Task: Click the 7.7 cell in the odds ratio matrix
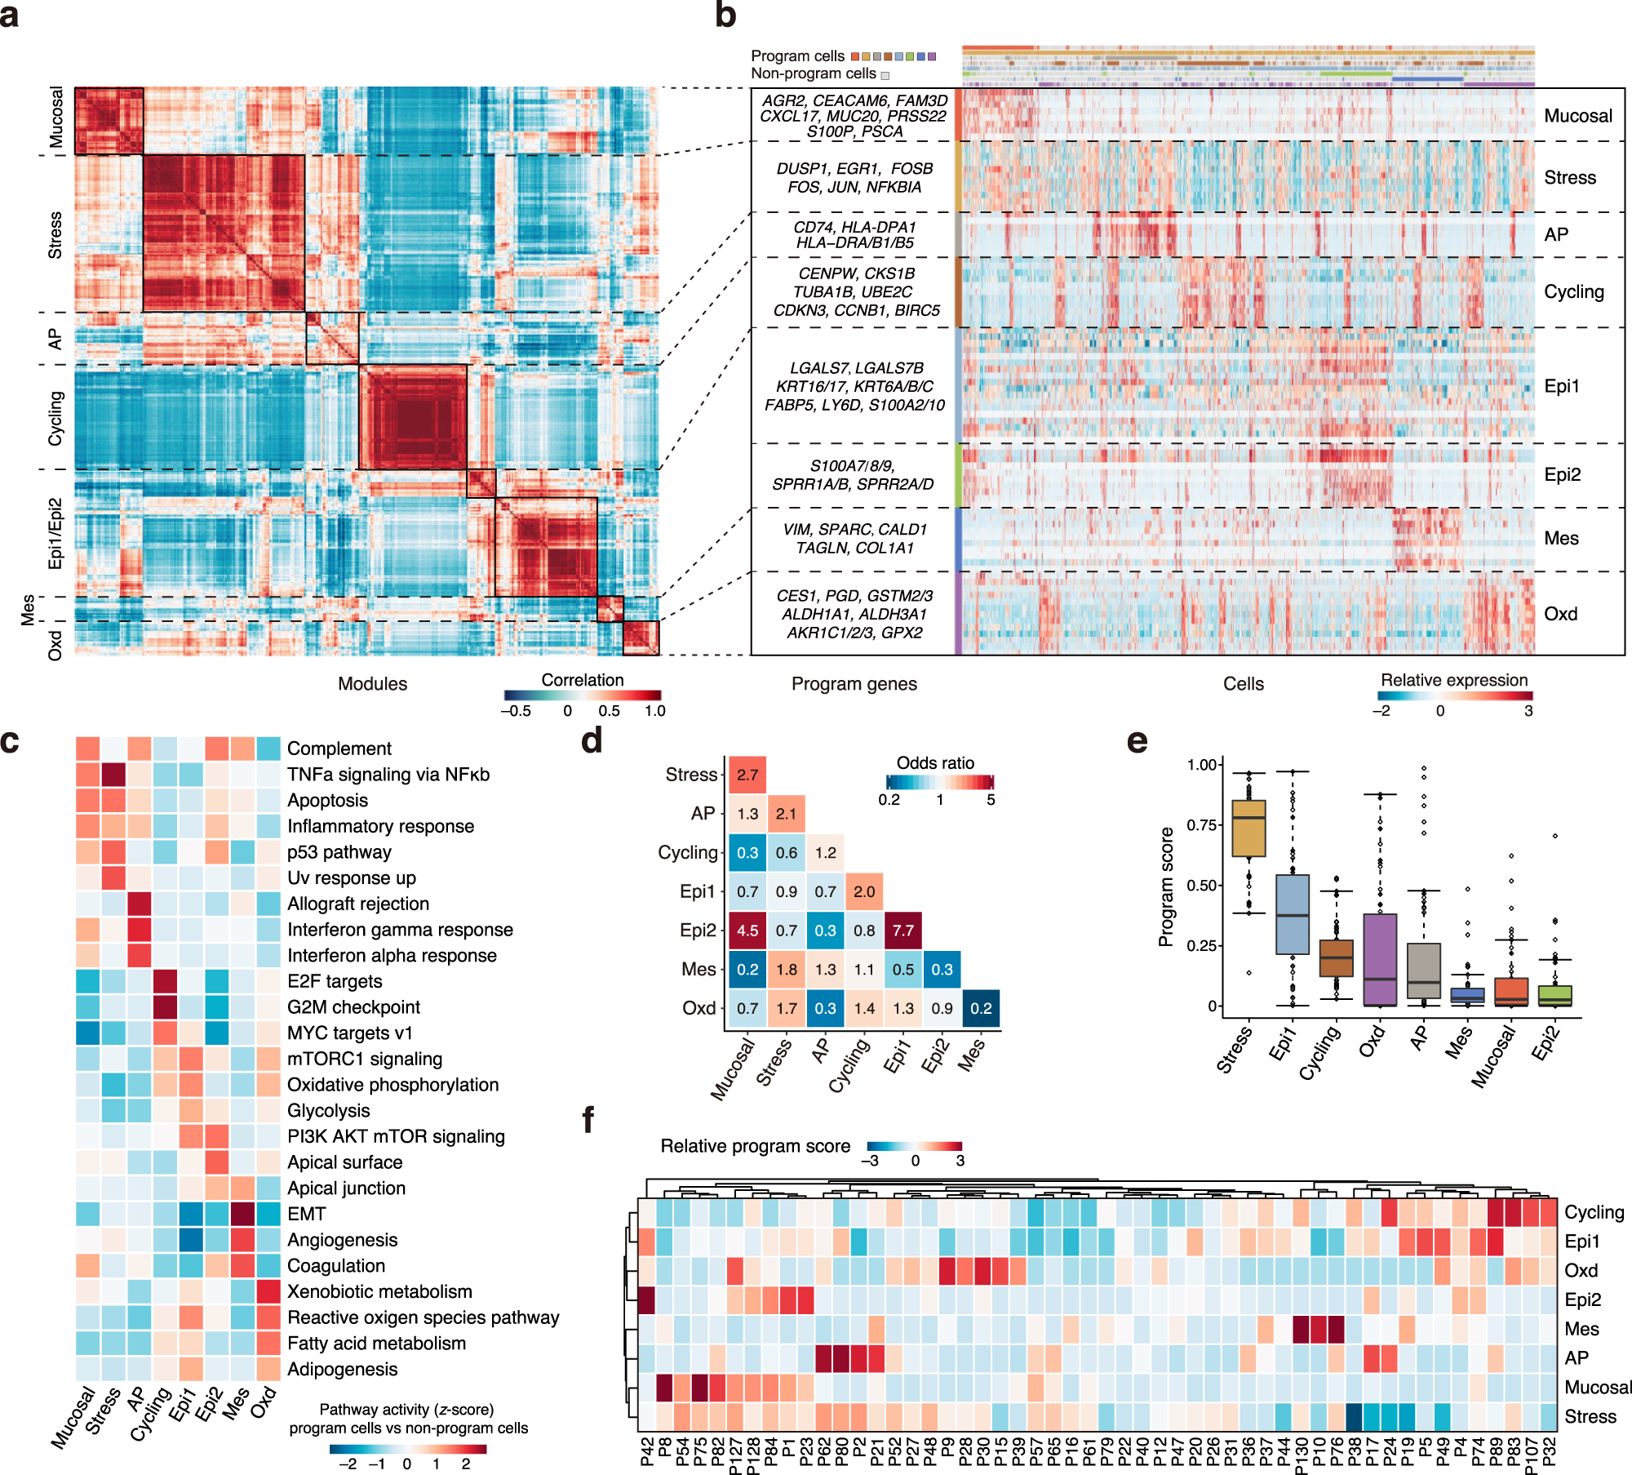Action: [x=902, y=931]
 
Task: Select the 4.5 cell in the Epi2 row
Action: [x=747, y=931]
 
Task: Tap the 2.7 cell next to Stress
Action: [x=747, y=775]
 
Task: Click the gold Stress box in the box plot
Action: [x=1248, y=828]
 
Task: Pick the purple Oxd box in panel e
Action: [x=1380, y=959]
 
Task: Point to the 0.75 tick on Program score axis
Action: [x=1203, y=825]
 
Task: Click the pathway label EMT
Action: [x=306, y=1214]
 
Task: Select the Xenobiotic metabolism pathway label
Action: [x=379, y=1291]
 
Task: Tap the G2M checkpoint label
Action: [x=353, y=1007]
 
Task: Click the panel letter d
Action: [x=592, y=740]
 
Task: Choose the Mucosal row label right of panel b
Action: [x=1577, y=116]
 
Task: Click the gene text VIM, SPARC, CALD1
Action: [x=854, y=530]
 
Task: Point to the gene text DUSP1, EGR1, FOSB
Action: [x=854, y=169]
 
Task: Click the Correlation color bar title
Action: [x=582, y=680]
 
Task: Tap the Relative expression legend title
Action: [x=1453, y=680]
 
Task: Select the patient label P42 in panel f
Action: [x=647, y=1452]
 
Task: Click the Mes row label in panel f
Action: [x=1581, y=1329]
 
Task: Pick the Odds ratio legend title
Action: [x=934, y=763]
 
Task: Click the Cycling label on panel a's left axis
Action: [x=55, y=418]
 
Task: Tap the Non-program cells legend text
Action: [x=813, y=73]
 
